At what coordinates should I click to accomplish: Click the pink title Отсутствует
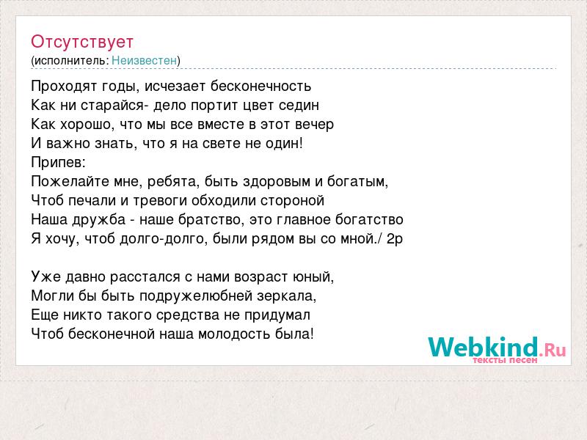coord(82,42)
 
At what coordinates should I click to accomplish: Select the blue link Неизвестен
coord(144,60)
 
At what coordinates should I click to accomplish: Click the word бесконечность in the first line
coord(260,86)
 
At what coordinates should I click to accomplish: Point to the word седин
coord(299,106)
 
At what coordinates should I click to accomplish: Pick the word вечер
coord(314,125)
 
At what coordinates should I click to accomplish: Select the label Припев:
coord(59,163)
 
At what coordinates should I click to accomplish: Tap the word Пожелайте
coord(70,181)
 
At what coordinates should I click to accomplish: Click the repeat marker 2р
coord(395,239)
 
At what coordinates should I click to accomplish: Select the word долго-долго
coord(164,239)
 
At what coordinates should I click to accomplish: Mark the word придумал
coord(277,315)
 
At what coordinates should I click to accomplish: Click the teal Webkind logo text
coord(484,346)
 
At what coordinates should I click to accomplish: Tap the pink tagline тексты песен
coord(505,360)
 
